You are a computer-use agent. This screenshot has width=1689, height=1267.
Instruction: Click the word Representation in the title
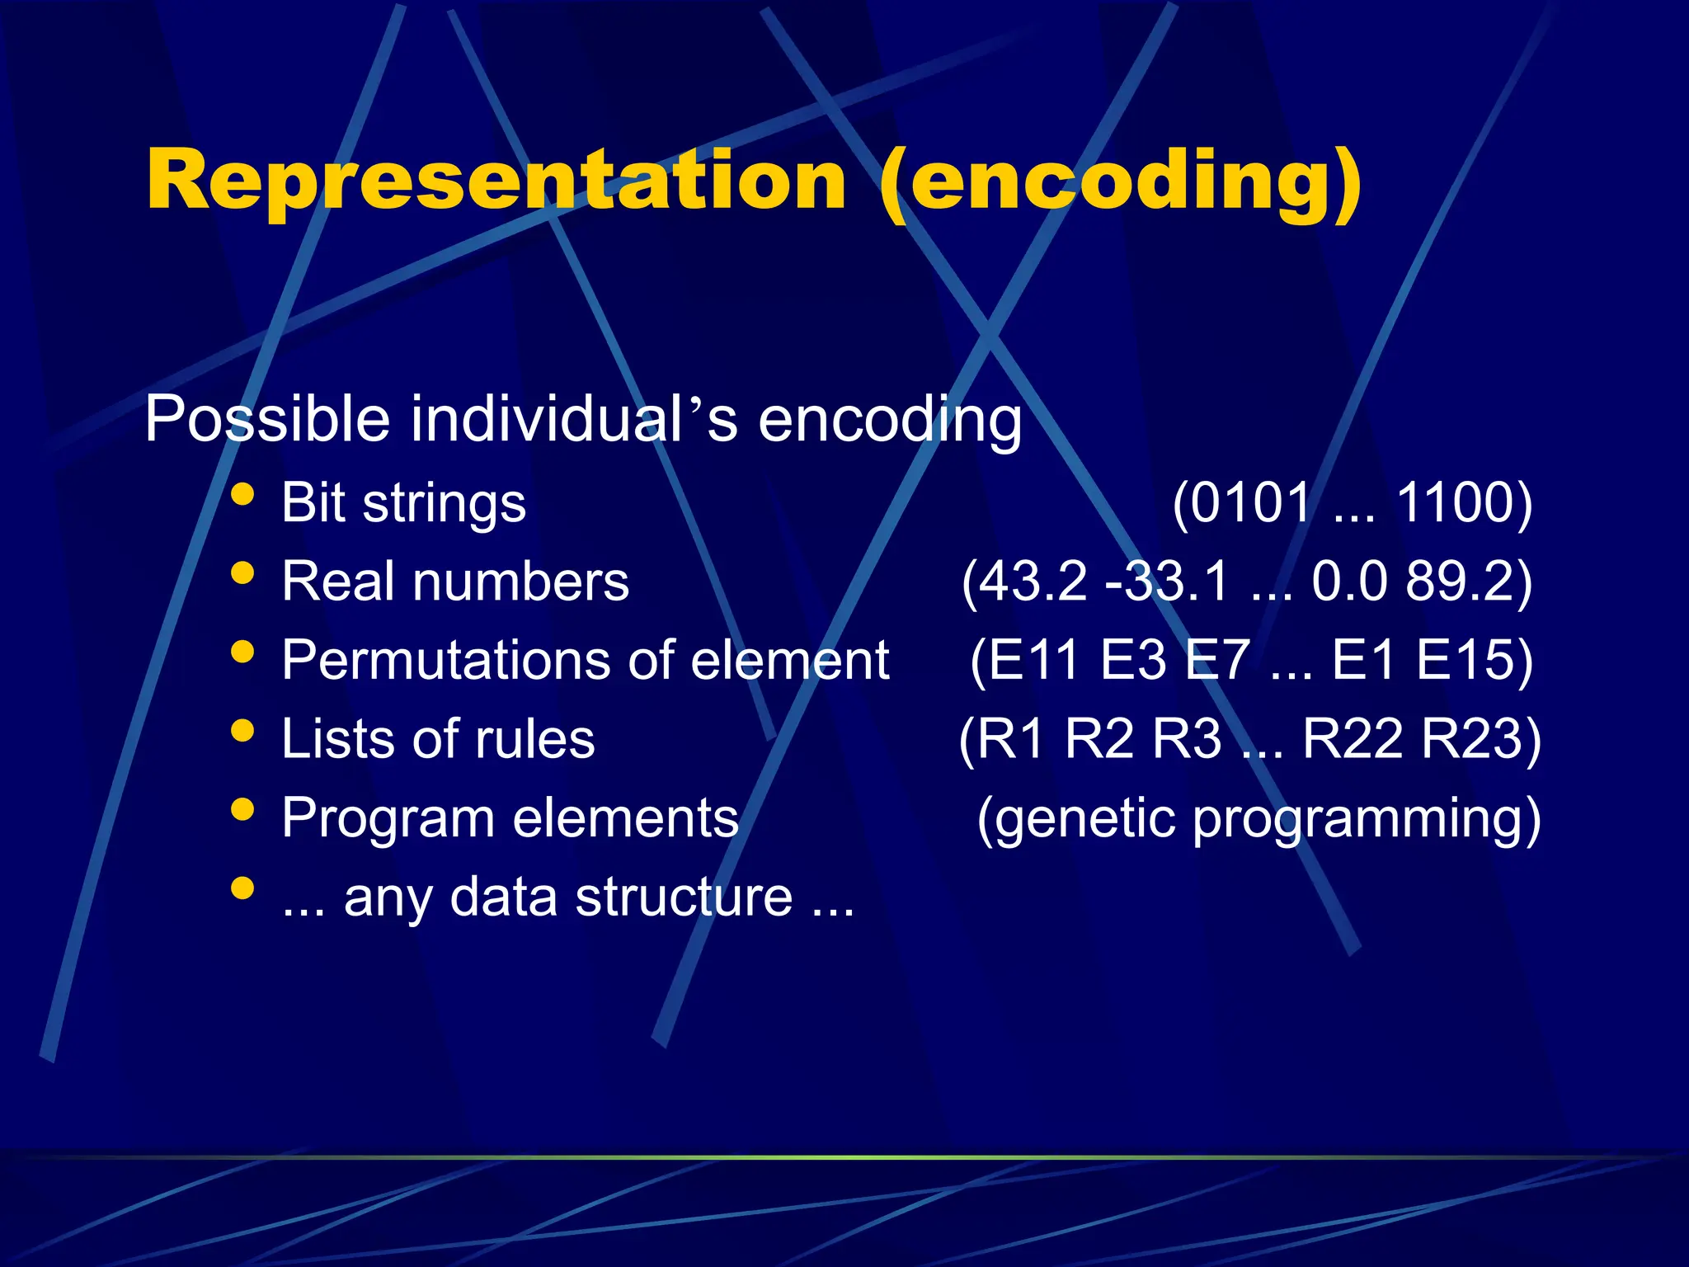pyautogui.click(x=496, y=181)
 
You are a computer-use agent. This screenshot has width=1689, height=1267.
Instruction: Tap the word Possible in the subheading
pyautogui.click(x=266, y=419)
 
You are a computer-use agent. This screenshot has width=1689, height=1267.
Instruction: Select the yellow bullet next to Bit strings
pyautogui.click(x=242, y=494)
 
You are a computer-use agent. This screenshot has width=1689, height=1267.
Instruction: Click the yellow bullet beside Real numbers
pyautogui.click(x=242, y=572)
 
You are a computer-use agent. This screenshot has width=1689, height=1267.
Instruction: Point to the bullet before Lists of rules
pyautogui.click(x=242, y=730)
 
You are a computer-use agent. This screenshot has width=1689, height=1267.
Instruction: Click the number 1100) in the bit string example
pyautogui.click(x=1465, y=503)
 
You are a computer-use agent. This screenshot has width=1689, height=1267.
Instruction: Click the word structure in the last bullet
pyautogui.click(x=684, y=897)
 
